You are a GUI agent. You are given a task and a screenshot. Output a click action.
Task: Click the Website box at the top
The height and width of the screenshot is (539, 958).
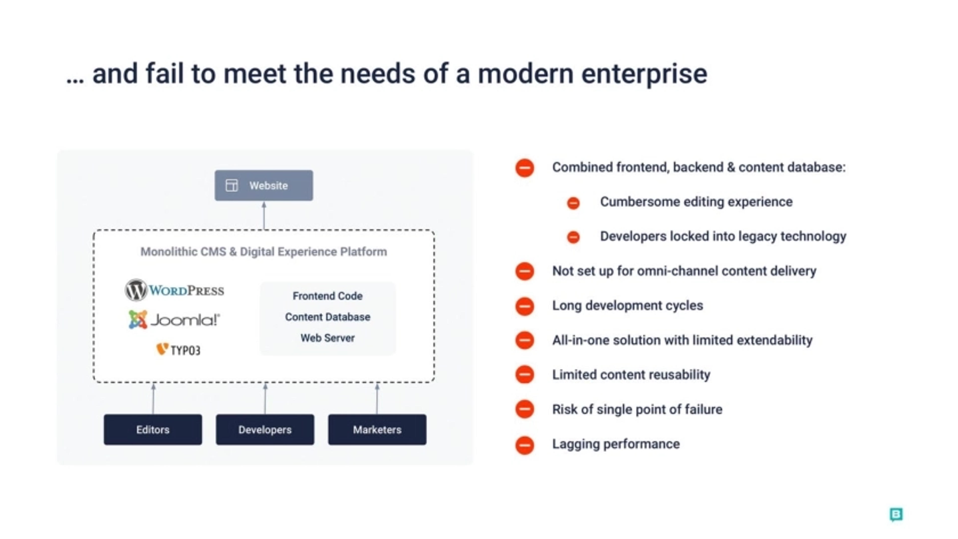coord(264,185)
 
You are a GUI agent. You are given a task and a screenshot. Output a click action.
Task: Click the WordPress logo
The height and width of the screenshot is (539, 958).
coord(174,290)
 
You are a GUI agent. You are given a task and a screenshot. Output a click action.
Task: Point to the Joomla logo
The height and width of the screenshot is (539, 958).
coord(174,320)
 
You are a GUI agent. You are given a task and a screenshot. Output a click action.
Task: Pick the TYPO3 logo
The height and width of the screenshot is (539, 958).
coord(178,350)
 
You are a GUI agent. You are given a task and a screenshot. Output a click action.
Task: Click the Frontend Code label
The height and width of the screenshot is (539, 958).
coord(328,296)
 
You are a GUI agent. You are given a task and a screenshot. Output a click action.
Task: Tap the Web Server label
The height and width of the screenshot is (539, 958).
coord(328,338)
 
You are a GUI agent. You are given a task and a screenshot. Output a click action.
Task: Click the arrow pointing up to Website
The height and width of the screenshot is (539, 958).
coord(264,216)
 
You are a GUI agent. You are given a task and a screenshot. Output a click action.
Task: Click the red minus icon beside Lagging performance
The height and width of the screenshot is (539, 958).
coord(525,445)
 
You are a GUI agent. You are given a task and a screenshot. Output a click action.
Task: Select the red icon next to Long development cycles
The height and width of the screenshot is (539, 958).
coord(525,306)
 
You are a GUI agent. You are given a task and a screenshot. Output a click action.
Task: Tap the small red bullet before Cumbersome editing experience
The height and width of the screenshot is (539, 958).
coord(573,203)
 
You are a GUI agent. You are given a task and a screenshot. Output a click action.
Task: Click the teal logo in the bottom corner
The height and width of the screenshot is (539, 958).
coord(896,515)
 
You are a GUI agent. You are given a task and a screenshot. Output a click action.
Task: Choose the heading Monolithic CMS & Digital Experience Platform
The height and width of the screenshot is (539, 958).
coord(264,252)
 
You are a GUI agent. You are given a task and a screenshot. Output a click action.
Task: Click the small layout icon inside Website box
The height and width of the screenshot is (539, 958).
coord(232,185)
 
